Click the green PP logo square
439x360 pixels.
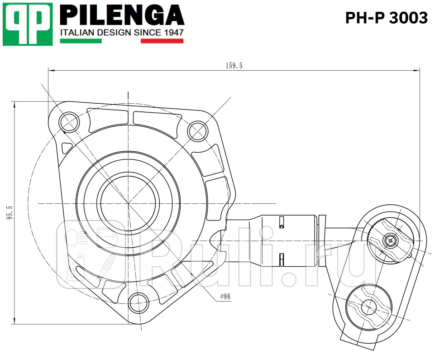28,24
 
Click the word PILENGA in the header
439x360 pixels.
122,16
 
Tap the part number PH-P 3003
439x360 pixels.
386,18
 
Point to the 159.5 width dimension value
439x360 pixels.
234,66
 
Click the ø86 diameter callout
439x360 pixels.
225,297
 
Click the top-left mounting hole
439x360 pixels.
69,121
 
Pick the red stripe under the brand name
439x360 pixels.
162,41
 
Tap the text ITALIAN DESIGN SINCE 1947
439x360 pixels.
122,33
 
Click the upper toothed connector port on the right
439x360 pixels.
390,240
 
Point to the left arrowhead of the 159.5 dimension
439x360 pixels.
51,70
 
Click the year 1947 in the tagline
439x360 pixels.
173,33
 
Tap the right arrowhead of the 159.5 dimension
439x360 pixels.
417,70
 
